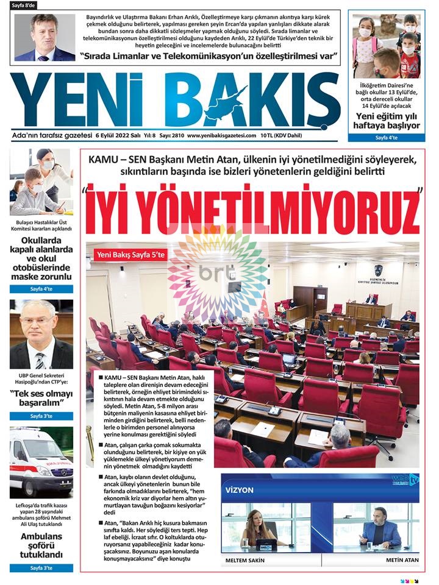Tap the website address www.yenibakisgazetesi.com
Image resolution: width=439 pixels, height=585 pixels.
point(221,135)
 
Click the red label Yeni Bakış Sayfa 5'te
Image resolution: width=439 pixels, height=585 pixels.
point(130,255)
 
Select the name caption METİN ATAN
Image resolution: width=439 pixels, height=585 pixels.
point(401,559)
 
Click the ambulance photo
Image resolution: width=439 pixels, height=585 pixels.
point(41,463)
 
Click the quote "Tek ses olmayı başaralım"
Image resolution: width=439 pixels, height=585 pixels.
point(41,398)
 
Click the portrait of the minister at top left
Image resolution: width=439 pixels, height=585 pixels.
point(45,38)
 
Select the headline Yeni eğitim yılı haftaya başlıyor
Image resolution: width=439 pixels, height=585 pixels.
point(387,120)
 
